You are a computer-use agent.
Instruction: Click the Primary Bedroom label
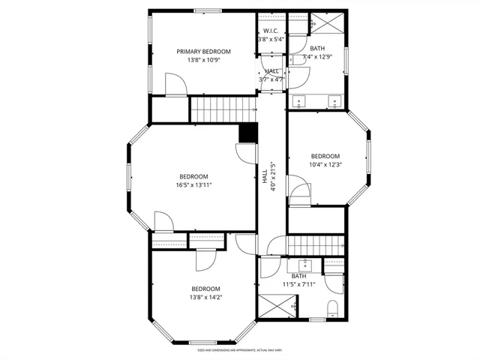point(204,52)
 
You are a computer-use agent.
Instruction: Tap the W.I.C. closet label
point(271,31)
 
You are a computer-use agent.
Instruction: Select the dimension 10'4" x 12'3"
point(325,165)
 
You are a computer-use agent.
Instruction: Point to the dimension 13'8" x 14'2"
point(205,297)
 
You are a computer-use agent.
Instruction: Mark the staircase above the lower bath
point(316,244)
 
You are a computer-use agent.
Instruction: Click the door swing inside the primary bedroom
point(174,83)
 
